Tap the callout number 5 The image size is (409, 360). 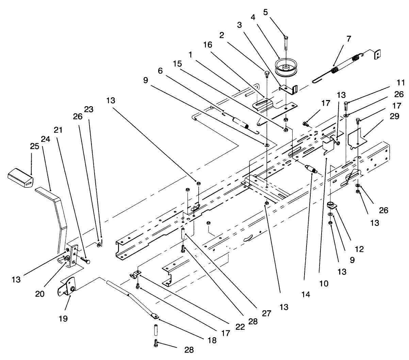coord(265,12)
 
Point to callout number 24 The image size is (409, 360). coord(45,139)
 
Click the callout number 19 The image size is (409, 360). coord(63,318)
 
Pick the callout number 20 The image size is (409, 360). coord(40,294)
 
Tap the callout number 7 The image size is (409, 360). coord(349,38)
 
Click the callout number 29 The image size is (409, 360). coord(394,116)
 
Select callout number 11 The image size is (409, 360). coord(400,83)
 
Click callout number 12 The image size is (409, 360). coord(359,249)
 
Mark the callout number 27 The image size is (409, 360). coord(266,313)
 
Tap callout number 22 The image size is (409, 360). coord(240,327)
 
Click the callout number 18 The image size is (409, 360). coord(212,340)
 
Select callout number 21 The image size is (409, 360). coord(58,130)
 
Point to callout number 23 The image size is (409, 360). coord(88,109)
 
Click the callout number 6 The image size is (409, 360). coord(160,71)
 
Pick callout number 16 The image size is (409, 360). coord(208,45)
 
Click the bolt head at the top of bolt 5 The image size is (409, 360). coord(286,37)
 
